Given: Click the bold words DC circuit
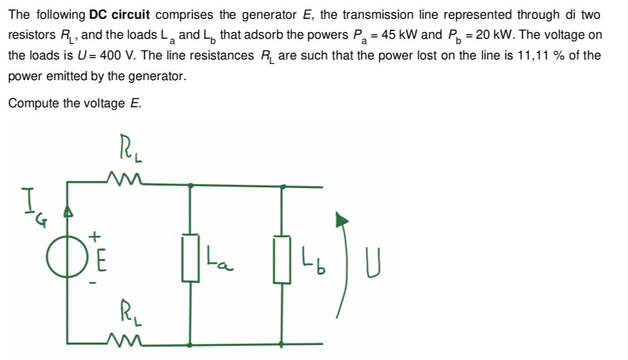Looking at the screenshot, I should [x=120, y=14].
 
